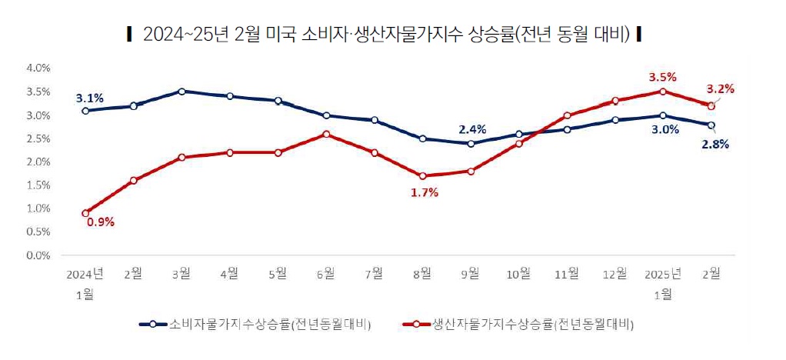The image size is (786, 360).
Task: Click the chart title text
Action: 382,34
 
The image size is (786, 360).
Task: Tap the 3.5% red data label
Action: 662,77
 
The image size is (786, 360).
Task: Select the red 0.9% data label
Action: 100,222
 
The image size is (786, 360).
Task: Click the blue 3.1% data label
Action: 89,98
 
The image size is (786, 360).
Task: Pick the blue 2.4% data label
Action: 471,128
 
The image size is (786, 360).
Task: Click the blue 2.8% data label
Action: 714,143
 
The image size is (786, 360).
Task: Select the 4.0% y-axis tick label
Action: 38,68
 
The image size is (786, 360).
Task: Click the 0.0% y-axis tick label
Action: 38,255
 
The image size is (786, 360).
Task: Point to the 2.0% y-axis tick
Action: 38,162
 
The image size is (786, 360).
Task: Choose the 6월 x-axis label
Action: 326,273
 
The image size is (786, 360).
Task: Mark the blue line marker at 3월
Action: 182,91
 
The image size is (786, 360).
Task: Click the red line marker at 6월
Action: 326,134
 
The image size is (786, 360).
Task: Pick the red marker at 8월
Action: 422,175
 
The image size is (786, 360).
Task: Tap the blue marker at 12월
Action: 614,120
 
